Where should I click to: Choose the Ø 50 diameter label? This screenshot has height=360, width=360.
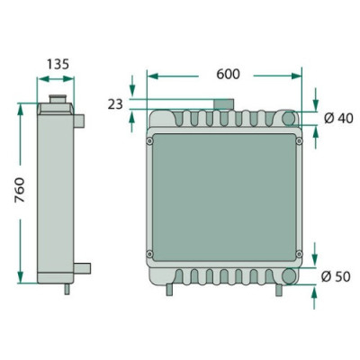click(335, 276)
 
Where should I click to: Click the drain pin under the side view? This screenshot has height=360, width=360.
click(66, 289)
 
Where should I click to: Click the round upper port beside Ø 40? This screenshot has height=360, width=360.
click(289, 119)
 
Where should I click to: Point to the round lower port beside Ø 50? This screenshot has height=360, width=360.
click(289, 276)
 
